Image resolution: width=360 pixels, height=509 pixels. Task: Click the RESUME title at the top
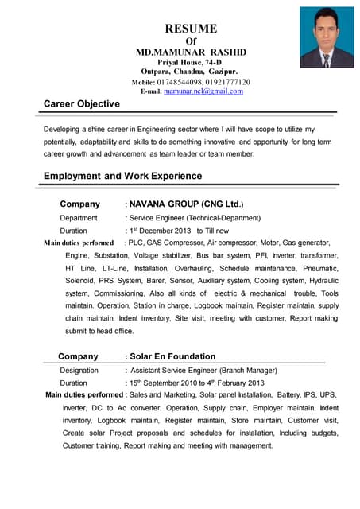[x=190, y=28]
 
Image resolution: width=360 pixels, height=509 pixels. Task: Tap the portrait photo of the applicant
[x=327, y=37]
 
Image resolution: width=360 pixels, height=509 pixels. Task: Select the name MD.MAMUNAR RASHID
[x=191, y=52]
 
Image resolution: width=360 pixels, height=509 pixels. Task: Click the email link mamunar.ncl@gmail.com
[x=203, y=91]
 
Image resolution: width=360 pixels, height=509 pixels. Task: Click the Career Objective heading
[x=82, y=104]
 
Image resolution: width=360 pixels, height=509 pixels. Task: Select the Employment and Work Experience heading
[x=122, y=176]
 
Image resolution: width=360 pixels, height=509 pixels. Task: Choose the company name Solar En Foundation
[x=172, y=356]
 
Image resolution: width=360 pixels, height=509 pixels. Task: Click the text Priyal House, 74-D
[x=190, y=62]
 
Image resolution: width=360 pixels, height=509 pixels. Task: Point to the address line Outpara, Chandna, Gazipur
[x=190, y=72]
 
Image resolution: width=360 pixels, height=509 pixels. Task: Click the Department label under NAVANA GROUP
[x=79, y=217]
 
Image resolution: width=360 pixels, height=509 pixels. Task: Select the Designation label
[x=79, y=371]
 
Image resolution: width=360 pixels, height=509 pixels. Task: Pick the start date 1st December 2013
[x=160, y=231]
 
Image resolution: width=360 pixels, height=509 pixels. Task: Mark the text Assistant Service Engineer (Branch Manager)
[x=203, y=371]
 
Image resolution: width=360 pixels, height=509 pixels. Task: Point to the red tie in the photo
[x=327, y=58]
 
